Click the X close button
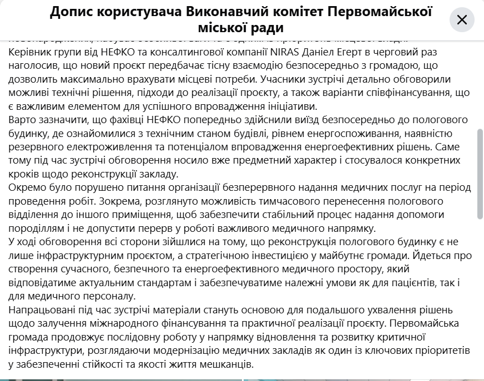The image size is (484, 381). pyautogui.click(x=462, y=21)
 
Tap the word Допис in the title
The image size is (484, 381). pyautogui.click(x=70, y=12)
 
